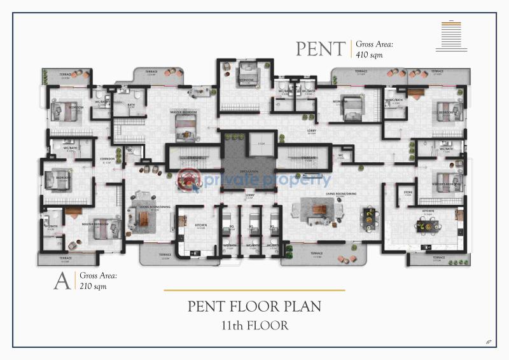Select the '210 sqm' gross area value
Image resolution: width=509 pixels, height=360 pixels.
pyautogui.click(x=93, y=286)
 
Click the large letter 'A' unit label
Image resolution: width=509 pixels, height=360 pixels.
pyautogui.click(x=62, y=281)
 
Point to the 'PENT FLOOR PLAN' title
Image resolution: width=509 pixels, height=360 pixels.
pyautogui.click(x=254, y=306)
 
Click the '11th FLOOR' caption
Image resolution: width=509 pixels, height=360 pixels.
pyautogui.click(x=254, y=326)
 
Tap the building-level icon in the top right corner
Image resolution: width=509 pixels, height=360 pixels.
pyautogui.click(x=452, y=36)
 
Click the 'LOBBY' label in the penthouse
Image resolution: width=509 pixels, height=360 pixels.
pyautogui.click(x=312, y=132)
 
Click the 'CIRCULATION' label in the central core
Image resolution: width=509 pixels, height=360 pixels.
pyautogui.click(x=249, y=171)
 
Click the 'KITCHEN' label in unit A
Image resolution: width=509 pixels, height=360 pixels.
pyautogui.click(x=201, y=226)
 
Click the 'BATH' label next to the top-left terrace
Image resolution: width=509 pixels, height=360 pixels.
pyautogui.click(x=131, y=105)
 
